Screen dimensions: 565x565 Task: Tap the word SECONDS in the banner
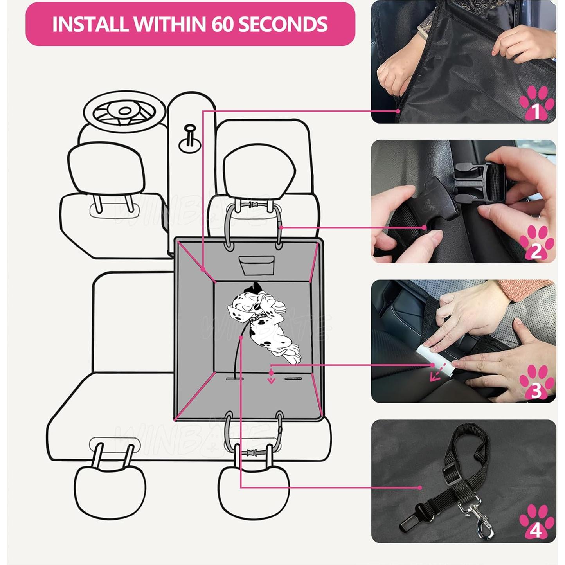point(282,24)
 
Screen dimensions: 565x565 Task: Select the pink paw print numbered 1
point(536,104)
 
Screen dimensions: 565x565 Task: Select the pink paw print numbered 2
point(536,243)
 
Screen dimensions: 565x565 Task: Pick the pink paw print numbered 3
point(536,383)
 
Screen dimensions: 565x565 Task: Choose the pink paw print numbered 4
point(536,522)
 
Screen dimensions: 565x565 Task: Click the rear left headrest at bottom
point(110,489)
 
